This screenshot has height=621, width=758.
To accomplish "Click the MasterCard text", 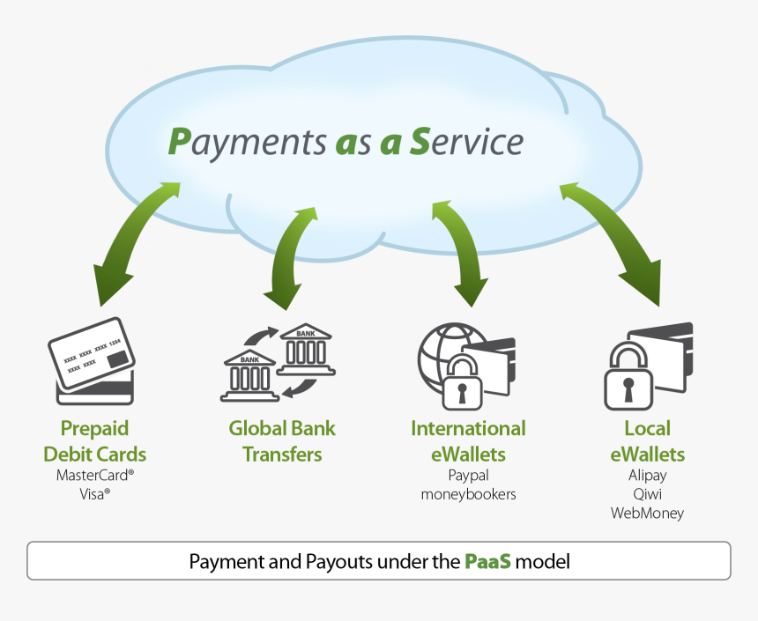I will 94,476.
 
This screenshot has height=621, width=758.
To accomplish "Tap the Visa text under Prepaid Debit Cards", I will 94,494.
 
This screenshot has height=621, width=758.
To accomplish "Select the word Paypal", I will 468,476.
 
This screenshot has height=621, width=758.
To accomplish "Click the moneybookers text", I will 468,494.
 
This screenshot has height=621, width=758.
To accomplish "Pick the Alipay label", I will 647,476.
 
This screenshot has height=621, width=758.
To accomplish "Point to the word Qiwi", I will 647,494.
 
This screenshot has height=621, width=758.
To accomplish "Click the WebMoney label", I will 647,513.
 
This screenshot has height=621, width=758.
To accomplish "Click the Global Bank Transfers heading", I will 282,441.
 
